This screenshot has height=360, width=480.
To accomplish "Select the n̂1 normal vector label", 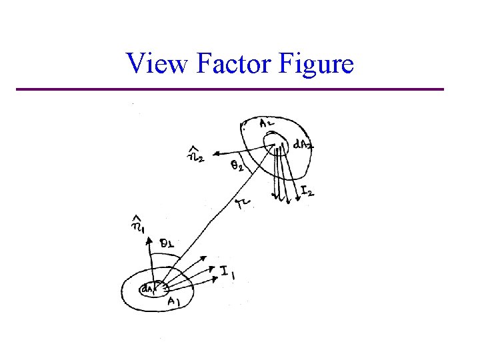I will tap(137, 225).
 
